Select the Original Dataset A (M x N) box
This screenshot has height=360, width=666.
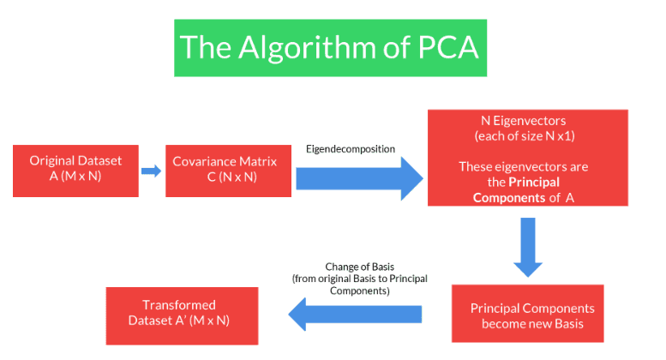click(75, 171)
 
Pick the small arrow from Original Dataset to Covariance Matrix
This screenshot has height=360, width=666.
click(151, 171)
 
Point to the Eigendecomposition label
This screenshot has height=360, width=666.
click(351, 149)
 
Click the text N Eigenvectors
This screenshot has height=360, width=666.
click(528, 123)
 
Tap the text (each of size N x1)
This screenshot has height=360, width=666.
click(528, 137)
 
